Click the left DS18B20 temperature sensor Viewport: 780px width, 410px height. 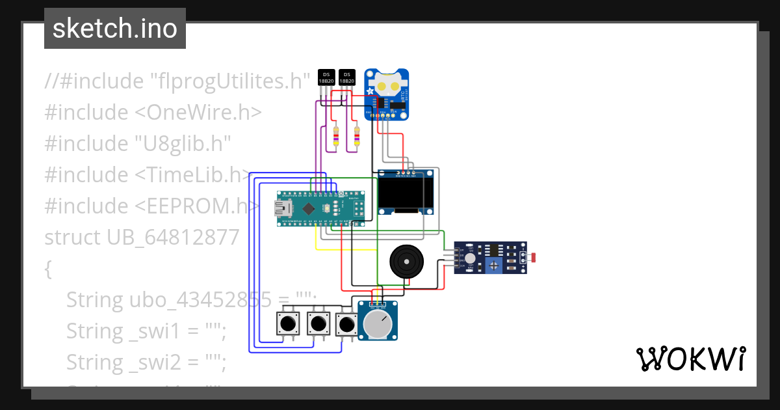click(x=327, y=77)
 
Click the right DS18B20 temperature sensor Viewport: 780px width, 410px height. click(x=347, y=77)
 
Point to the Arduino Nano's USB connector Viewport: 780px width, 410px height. click(x=282, y=208)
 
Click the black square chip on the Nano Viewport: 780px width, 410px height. click(x=308, y=208)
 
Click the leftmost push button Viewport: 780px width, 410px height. click(x=288, y=323)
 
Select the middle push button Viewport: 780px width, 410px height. click(x=317, y=323)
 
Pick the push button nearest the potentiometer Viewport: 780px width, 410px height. click(x=346, y=323)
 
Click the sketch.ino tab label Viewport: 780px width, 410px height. click(x=115, y=29)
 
